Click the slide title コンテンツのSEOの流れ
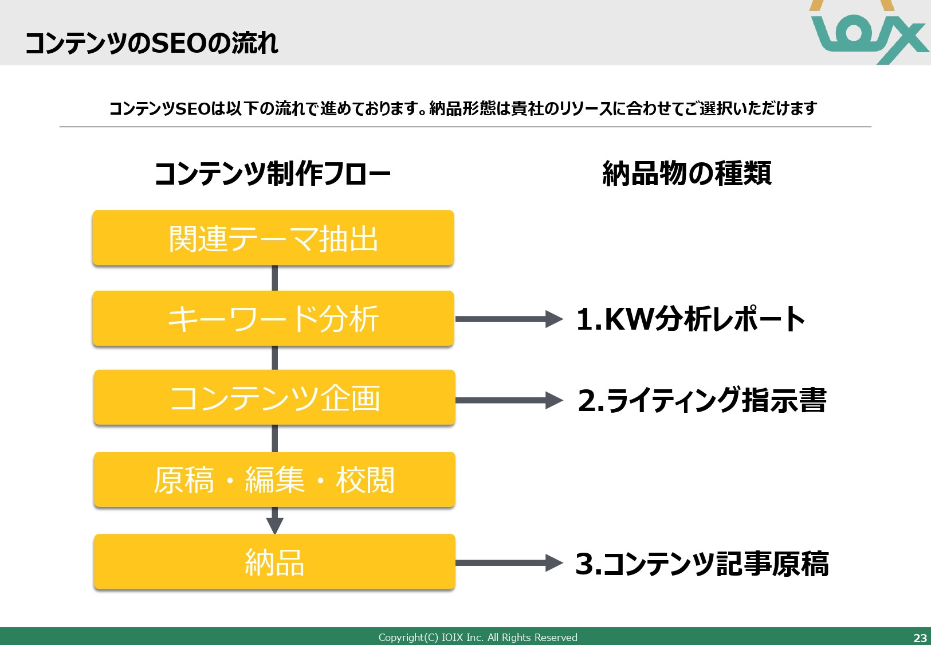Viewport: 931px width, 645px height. [152, 43]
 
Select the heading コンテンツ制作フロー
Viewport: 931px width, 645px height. [273, 174]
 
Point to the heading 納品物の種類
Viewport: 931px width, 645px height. [687, 174]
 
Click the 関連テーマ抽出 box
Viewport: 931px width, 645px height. [273, 238]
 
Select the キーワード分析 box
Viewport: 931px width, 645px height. [273, 319]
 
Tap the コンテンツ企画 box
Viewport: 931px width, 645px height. [274, 398]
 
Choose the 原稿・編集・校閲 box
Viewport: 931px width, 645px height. [274, 480]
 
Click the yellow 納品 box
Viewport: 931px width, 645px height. [274, 562]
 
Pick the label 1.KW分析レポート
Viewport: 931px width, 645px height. [690, 319]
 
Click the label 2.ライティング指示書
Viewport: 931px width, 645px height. [702, 400]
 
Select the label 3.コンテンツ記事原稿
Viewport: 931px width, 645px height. [702, 564]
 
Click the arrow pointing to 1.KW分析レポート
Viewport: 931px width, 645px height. [508, 319]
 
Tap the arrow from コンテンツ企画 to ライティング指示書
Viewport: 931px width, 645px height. [508, 400]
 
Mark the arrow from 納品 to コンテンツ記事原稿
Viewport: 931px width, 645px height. [508, 563]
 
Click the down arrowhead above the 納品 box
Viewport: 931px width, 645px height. [275, 524]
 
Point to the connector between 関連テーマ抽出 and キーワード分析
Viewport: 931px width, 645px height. [275, 278]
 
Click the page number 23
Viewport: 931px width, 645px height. [920, 638]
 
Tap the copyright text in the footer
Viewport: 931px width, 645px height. [478, 638]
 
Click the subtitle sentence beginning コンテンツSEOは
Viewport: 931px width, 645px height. [463, 108]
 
